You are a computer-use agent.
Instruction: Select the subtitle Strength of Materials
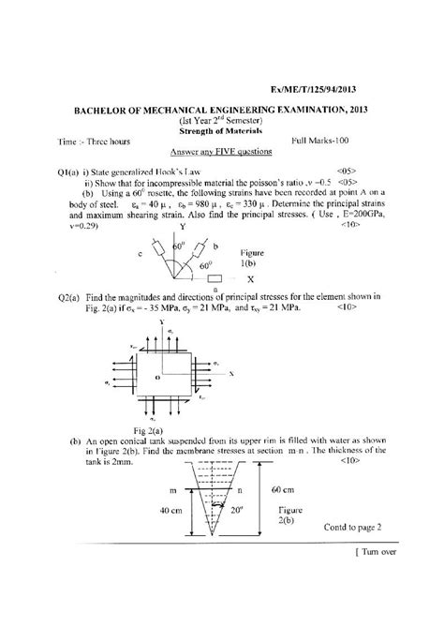(221, 131)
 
